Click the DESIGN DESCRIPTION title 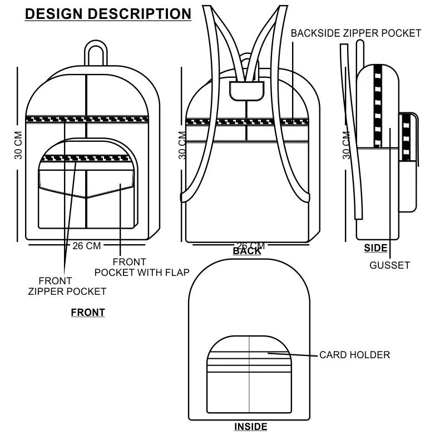(x=108, y=14)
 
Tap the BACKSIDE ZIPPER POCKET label (x=356, y=33)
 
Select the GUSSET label (x=389, y=265)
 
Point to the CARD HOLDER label (x=354, y=355)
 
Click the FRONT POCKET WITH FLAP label (x=142, y=267)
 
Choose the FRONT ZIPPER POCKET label (x=67, y=286)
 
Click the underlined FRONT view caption (x=88, y=313)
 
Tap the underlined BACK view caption (x=247, y=251)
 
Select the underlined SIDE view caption (x=375, y=248)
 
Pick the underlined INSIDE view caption (x=250, y=427)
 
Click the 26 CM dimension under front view (x=86, y=245)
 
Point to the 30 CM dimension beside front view (x=19, y=146)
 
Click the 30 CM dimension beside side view (x=347, y=146)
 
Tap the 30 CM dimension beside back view (x=182, y=146)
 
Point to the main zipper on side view (x=378, y=106)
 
